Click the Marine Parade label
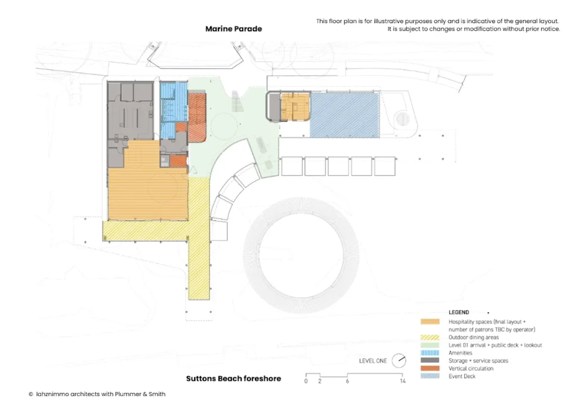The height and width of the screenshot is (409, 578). click(x=234, y=29)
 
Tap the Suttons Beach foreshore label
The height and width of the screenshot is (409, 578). click(x=233, y=378)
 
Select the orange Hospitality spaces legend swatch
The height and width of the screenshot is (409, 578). click(x=430, y=321)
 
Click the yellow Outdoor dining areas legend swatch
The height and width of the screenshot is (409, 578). click(x=430, y=337)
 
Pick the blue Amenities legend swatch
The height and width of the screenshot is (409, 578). click(x=430, y=353)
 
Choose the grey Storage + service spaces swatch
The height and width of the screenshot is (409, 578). click(x=430, y=360)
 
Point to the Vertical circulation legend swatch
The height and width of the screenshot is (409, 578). click(x=430, y=368)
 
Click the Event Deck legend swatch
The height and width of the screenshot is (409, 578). click(x=430, y=376)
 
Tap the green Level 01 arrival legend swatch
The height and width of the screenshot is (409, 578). click(x=430, y=345)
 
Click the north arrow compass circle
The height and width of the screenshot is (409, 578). click(x=399, y=360)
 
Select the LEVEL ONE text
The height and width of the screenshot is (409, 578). click(x=373, y=360)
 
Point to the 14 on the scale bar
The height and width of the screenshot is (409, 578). click(x=402, y=381)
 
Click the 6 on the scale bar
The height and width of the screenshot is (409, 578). click(x=347, y=381)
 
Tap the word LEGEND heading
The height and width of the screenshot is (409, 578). click(x=458, y=312)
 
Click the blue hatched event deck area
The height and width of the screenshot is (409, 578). click(x=345, y=115)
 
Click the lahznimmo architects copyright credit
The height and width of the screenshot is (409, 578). click(x=97, y=394)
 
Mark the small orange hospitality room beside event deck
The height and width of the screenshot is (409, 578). click(x=295, y=107)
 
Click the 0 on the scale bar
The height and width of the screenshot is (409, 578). click(x=306, y=381)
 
